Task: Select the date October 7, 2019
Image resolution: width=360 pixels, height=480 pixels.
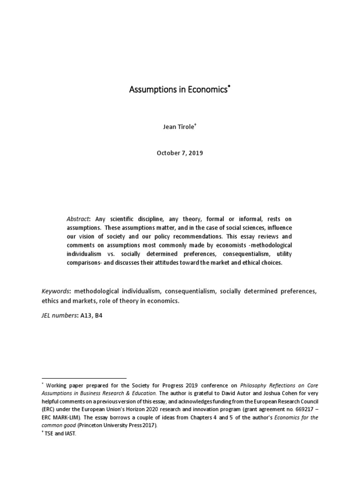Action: point(180,153)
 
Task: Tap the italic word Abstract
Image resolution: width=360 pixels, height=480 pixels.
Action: point(79,219)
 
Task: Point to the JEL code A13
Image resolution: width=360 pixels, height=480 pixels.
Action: point(86,315)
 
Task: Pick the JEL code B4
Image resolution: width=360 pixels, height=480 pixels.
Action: point(98,315)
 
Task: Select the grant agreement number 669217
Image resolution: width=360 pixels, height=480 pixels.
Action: point(300,409)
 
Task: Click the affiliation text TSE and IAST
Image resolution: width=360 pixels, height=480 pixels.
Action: point(60,434)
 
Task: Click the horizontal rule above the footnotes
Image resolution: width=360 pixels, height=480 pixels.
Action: point(84,378)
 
